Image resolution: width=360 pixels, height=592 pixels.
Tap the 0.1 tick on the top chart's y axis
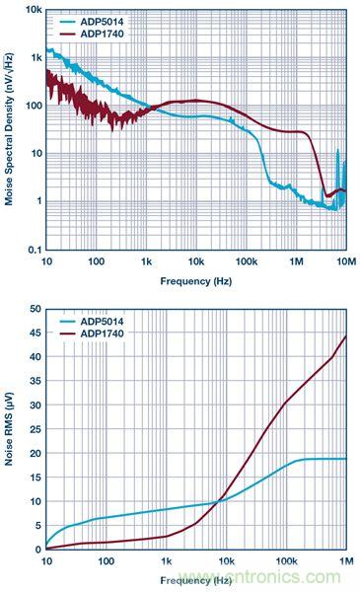coord(33,249)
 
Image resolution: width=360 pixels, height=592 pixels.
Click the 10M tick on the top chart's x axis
coord(343,261)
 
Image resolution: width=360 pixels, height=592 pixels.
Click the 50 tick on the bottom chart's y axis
coord(35,309)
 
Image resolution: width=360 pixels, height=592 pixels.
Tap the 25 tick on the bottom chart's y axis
coord(35,429)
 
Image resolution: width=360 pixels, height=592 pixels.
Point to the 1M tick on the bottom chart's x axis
coord(343,561)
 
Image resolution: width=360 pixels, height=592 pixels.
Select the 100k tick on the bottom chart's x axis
coord(286,561)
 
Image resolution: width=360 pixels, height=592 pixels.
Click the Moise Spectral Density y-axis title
coord(9,129)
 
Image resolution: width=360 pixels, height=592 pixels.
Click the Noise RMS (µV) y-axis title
coord(9,429)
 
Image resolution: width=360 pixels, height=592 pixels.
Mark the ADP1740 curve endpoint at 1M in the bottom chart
coord(346,336)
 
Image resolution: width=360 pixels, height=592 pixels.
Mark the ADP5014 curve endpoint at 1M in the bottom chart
coord(346,459)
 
